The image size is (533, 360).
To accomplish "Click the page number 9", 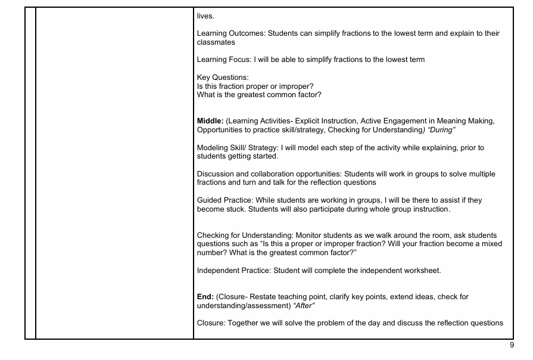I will (512, 345).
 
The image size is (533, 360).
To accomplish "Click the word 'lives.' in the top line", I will (205, 16).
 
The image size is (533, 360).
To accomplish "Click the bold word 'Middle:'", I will (210, 122).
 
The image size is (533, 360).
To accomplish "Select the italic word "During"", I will (442, 130).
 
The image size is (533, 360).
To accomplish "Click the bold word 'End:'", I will (205, 297).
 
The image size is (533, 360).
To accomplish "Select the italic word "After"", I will (304, 306).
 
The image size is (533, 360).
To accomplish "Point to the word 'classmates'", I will (216, 43).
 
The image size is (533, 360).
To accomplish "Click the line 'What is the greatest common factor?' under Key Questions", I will (259, 95).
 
